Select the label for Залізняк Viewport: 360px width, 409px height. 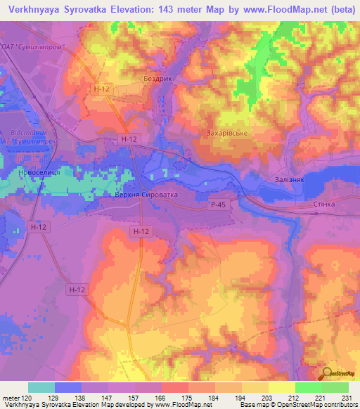coord(285,180)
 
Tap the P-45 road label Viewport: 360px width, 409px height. coord(218,204)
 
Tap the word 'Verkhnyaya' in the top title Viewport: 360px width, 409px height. coord(34,9)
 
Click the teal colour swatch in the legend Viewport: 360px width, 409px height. coord(41,387)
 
